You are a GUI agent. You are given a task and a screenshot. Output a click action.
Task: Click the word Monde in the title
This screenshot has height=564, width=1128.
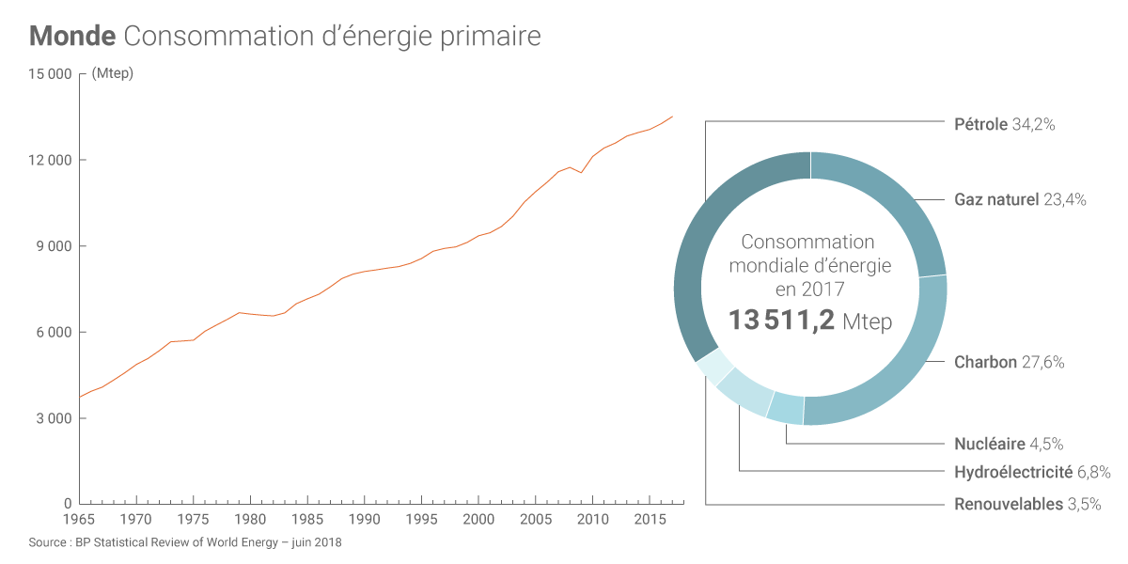pos(72,37)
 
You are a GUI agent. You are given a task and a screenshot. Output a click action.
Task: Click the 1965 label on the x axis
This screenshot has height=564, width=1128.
pos(79,520)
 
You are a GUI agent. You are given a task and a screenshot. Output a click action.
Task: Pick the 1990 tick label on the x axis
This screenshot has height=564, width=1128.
pos(365,520)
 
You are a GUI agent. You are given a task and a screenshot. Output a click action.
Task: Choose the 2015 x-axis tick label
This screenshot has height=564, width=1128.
pos(650,520)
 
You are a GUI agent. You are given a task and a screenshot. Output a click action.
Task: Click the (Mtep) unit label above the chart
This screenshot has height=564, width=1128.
pos(113,74)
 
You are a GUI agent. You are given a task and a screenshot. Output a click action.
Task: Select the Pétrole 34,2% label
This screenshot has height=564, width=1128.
pos(1004,124)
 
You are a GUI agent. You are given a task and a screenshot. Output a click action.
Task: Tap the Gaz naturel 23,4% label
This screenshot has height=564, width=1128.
pos(1020,199)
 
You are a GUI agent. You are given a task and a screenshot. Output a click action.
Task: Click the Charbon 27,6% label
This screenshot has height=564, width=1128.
pos(1009,362)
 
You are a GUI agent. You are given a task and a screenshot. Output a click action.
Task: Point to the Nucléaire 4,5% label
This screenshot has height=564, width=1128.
pos(1009,444)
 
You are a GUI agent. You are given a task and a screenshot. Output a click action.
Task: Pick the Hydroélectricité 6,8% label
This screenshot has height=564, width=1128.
pos(1032,472)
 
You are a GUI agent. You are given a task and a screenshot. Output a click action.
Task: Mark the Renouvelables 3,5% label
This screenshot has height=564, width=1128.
pos(1027,504)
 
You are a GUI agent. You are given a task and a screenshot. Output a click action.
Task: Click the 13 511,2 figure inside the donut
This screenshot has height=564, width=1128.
pos(781,321)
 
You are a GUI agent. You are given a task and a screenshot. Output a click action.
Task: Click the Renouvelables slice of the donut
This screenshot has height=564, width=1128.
pos(714,367)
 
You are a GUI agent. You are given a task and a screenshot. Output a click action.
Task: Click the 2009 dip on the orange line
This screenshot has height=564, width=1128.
pos(581,172)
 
